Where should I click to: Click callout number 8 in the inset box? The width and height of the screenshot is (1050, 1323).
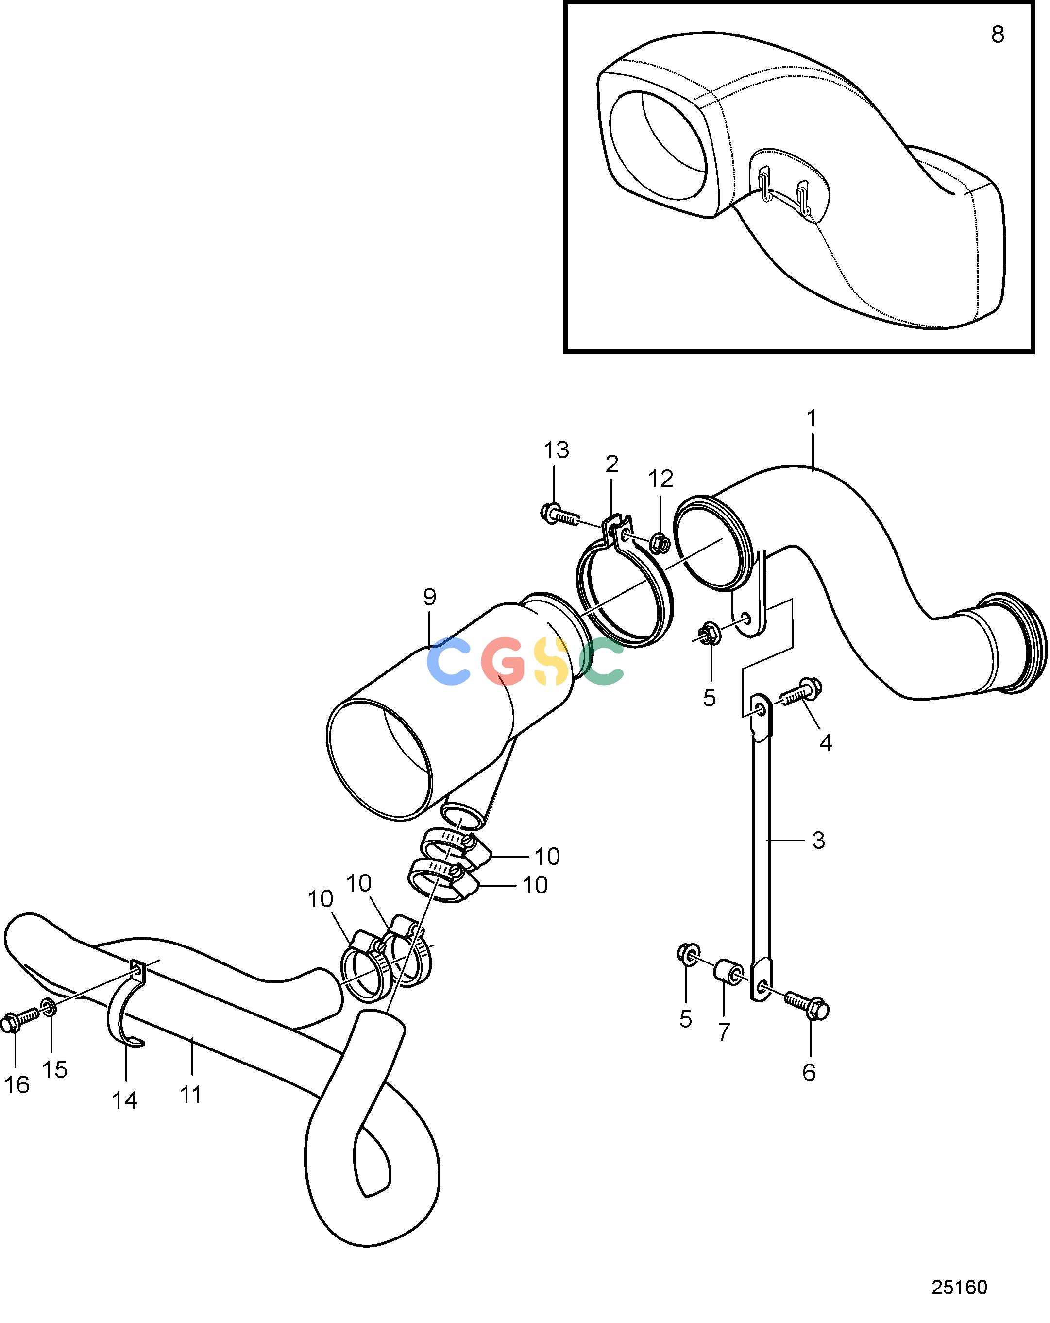(997, 35)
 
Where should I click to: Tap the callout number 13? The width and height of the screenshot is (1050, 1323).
(556, 450)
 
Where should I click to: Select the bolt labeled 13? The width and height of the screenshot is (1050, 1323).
(559, 514)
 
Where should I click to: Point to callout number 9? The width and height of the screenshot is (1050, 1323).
(429, 597)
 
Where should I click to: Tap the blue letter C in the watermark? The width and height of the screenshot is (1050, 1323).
(448, 660)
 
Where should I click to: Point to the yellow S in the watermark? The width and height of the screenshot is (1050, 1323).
(550, 662)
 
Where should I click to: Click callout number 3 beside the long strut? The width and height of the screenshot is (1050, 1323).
(818, 840)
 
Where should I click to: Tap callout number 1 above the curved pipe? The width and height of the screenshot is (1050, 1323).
(812, 418)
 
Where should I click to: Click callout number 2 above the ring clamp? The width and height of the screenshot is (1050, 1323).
(611, 464)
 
